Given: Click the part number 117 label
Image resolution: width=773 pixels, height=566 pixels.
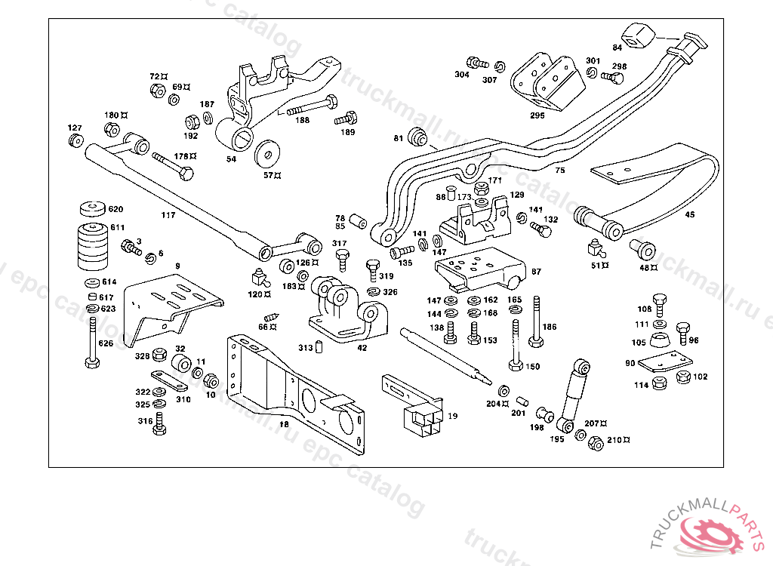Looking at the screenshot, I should tap(168, 215).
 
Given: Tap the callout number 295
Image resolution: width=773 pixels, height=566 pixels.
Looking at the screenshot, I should tap(537, 115).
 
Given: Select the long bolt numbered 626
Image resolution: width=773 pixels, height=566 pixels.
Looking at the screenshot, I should tap(91, 341).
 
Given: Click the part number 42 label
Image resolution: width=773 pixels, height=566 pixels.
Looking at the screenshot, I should tap(362, 348).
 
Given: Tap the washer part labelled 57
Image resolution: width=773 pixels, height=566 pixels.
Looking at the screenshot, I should tap(266, 154).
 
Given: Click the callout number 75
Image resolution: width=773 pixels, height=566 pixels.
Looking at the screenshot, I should tap(559, 171).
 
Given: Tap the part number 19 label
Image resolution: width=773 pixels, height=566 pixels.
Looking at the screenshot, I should tap(452, 416).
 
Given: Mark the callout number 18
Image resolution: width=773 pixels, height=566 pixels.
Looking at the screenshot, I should tap(284, 425).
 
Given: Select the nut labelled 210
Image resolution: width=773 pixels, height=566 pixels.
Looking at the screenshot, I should tap(595, 444).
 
